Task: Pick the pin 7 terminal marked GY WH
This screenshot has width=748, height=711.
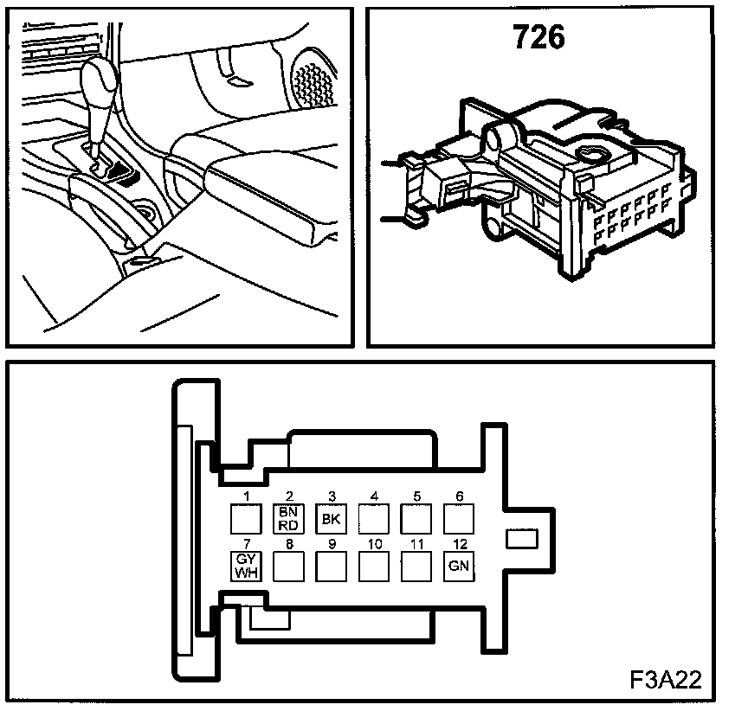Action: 245,566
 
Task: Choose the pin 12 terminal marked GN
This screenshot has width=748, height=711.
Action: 458,566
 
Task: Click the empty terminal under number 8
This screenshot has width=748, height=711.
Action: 288,566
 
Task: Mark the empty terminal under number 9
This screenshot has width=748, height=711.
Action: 331,566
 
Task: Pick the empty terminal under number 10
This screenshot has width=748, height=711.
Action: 373,566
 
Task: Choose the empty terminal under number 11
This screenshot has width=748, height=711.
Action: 416,566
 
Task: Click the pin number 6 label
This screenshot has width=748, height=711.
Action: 459,496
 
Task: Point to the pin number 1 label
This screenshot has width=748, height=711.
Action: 247,496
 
